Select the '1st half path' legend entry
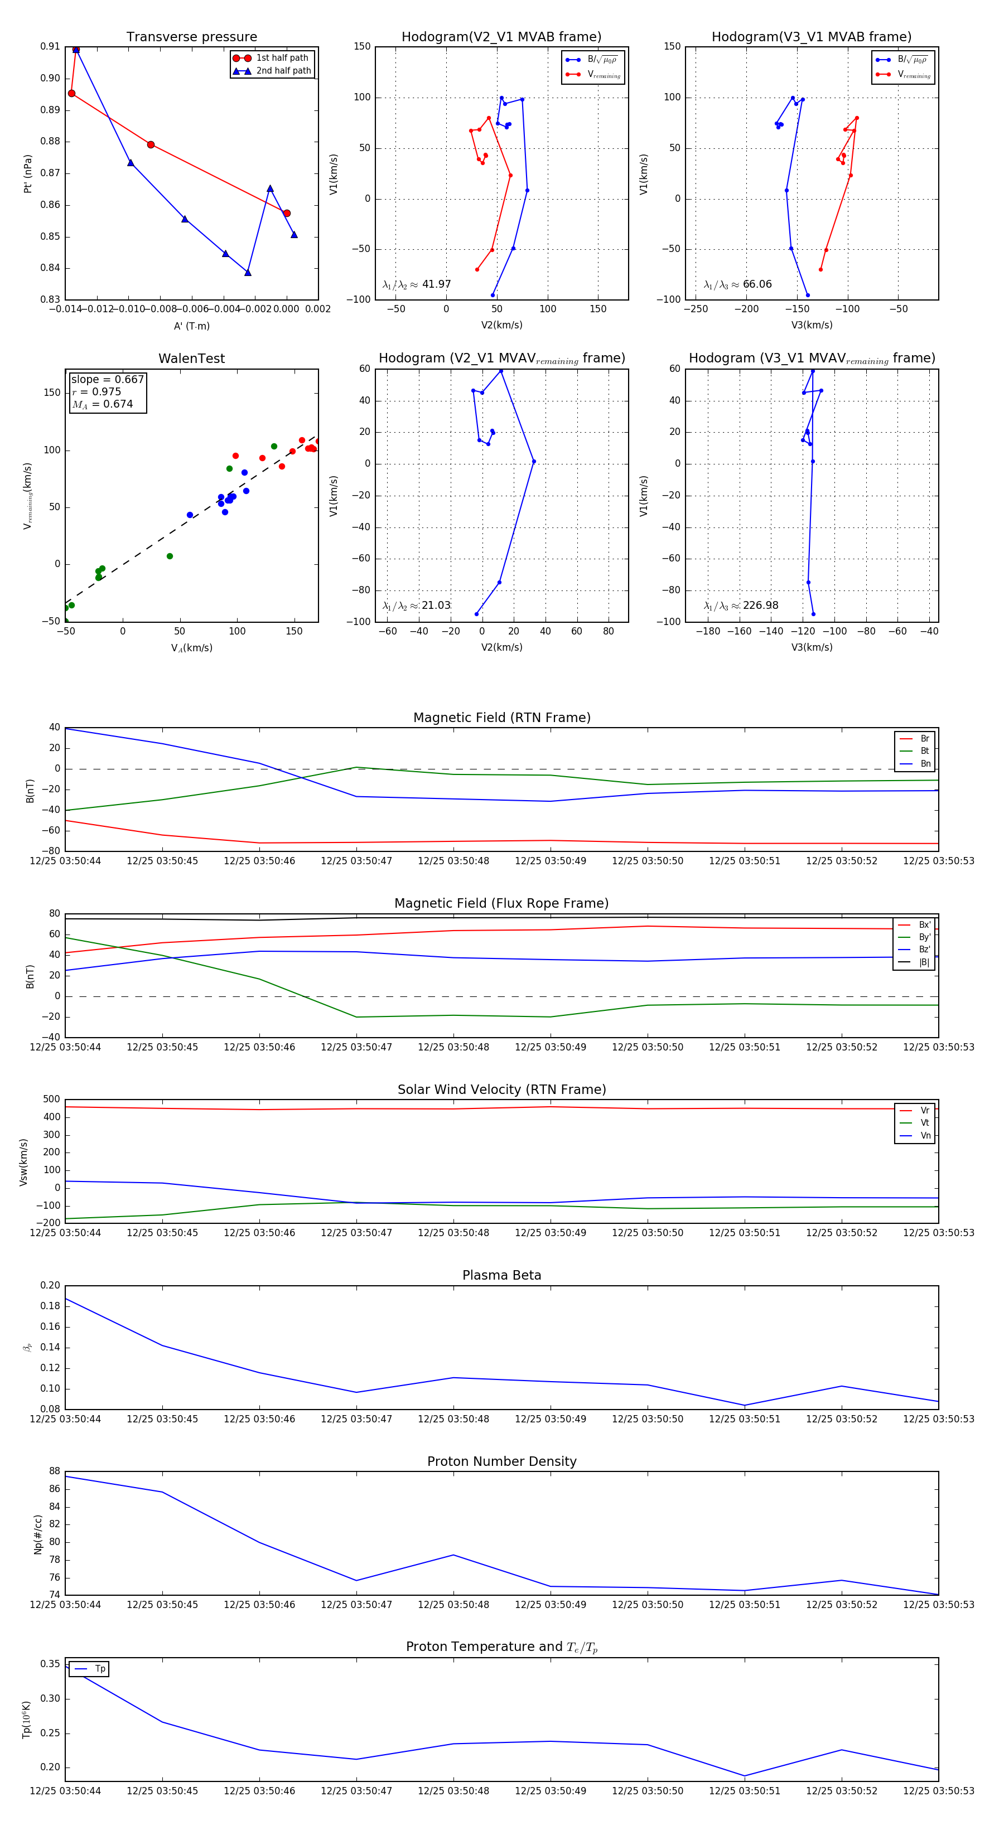pos(282,58)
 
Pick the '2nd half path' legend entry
pos(283,71)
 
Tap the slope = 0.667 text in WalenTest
pos(107,379)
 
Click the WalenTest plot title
pos(191,359)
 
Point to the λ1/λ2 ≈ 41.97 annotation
pos(417,284)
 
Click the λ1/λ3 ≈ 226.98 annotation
pos(741,606)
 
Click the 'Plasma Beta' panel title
pos(501,1275)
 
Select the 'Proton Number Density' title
pos(501,1461)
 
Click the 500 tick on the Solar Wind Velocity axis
pos(51,1100)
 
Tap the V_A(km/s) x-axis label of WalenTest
pos(191,648)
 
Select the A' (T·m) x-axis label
pos(191,326)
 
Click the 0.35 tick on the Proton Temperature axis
pos(50,1664)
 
